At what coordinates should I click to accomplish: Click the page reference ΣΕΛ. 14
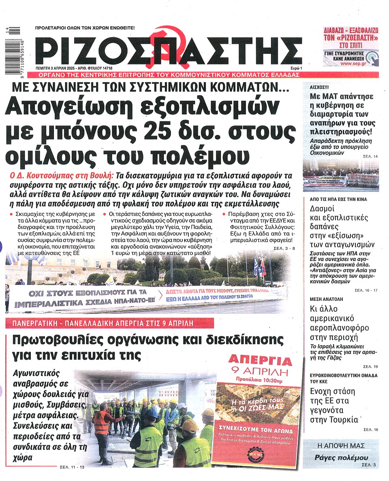tap(370, 156)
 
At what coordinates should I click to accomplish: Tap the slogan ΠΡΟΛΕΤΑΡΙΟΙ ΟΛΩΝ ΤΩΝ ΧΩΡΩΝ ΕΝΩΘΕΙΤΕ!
tap(85, 28)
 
